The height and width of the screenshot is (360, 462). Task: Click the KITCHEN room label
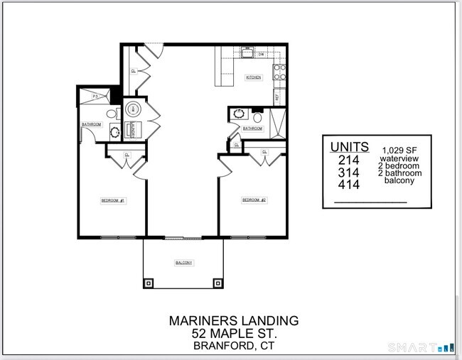(253, 77)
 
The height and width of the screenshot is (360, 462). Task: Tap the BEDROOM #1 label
(113, 201)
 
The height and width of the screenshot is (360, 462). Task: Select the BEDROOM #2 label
(254, 200)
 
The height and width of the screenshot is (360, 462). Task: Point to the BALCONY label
(183, 263)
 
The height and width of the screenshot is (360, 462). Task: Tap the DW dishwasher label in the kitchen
(262, 55)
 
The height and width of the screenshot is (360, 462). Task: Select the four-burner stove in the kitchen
(280, 71)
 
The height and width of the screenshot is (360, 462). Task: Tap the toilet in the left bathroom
(112, 114)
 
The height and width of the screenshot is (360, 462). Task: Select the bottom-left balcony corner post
(148, 283)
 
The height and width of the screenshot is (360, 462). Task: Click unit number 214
(349, 160)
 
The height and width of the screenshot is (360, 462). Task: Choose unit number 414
(349, 185)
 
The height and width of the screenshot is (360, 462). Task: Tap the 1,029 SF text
(399, 150)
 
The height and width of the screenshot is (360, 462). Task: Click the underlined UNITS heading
(349, 146)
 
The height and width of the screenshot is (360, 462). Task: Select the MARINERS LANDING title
(233, 320)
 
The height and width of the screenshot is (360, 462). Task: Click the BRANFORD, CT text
(233, 346)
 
